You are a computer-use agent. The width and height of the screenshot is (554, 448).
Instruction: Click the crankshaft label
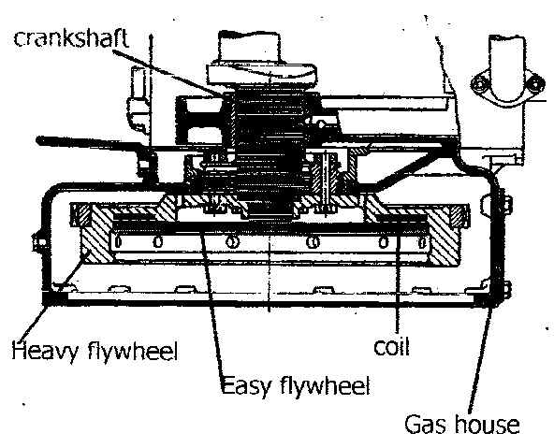tap(71, 38)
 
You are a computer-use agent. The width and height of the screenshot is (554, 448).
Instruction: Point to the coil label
tap(391, 347)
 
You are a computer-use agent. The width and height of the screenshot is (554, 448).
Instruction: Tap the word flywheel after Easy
tap(325, 384)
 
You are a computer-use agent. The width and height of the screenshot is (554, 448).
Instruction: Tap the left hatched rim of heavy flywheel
tap(95, 235)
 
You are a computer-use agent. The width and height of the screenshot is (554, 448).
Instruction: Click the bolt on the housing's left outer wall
tap(39, 243)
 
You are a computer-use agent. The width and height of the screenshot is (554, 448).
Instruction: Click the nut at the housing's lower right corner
tap(506, 290)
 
